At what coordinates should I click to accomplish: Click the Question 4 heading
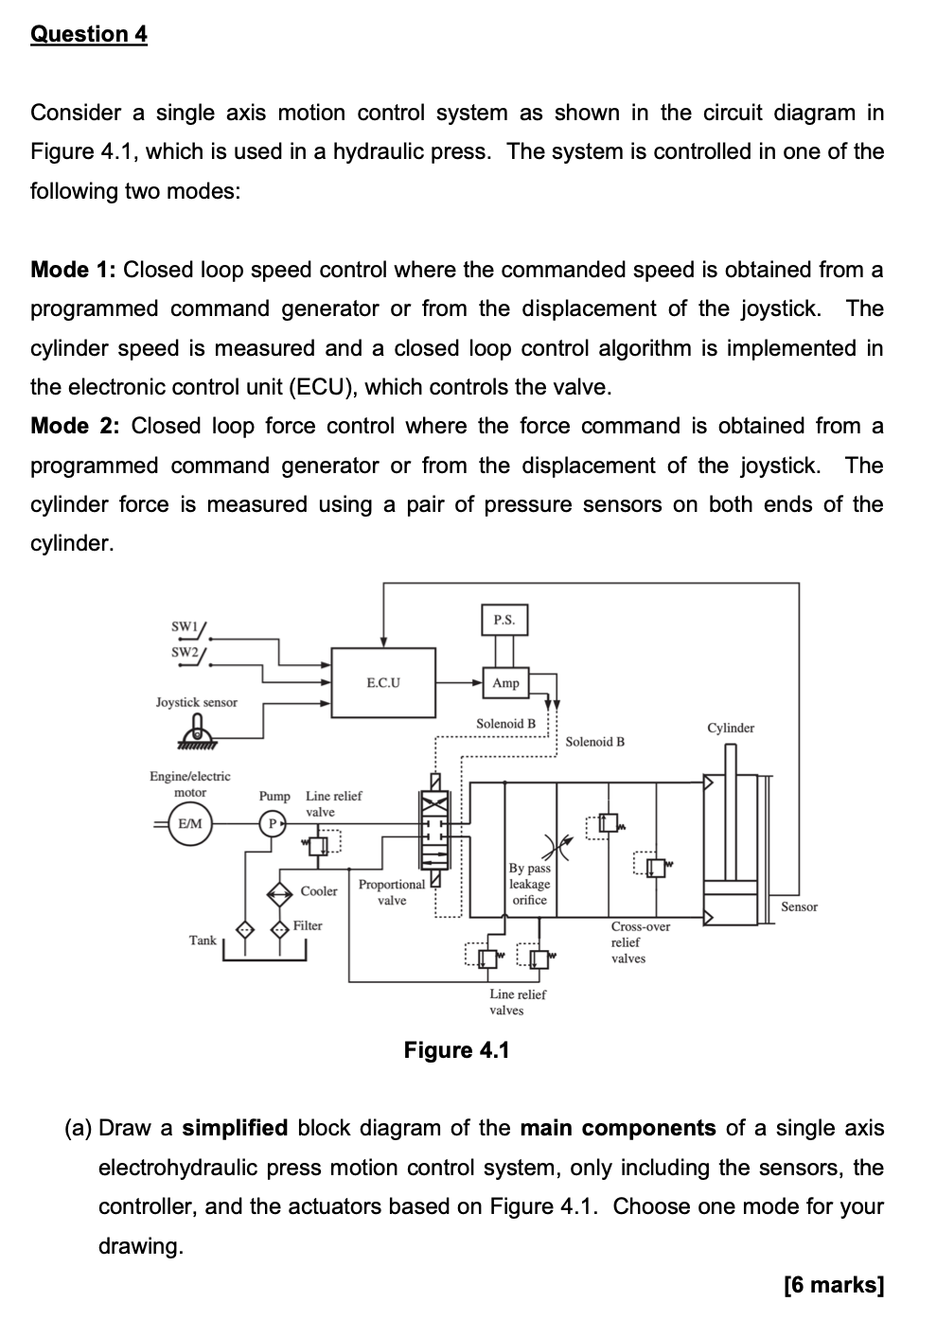(x=89, y=34)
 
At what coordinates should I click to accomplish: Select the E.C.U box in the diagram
(x=382, y=682)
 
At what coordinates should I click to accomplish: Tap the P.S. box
(x=504, y=620)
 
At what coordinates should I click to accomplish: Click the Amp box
(x=505, y=682)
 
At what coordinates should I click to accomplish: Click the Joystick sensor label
(x=197, y=702)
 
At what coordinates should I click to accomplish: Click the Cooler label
(x=319, y=891)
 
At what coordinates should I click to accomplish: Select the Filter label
(x=308, y=925)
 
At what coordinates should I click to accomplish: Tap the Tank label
(x=203, y=940)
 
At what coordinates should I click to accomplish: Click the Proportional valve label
(x=391, y=892)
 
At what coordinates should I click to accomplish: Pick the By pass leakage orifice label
(x=529, y=884)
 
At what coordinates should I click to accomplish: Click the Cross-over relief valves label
(x=641, y=942)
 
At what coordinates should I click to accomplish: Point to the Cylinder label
(x=731, y=728)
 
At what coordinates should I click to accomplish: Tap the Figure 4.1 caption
(x=456, y=1049)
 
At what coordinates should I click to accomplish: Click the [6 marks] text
(x=834, y=1284)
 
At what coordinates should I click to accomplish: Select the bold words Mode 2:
(x=75, y=426)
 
